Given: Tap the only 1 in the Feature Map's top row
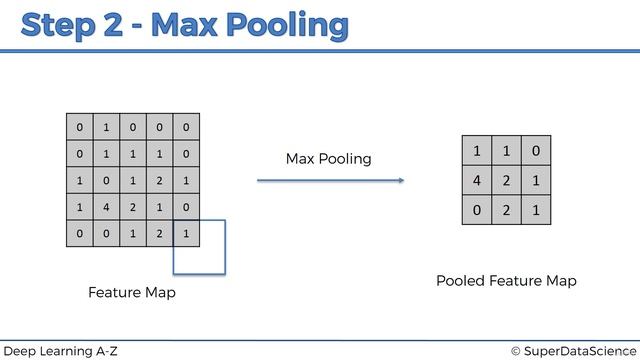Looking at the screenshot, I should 105,128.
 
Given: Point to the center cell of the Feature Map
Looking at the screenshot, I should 132,182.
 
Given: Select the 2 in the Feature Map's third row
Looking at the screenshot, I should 159,182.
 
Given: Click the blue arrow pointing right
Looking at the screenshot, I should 330,180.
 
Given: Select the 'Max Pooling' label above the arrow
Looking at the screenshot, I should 328,159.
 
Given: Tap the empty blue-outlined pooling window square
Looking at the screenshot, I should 206,253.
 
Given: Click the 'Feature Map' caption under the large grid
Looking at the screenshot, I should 131,293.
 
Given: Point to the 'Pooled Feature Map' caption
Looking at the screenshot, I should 506,281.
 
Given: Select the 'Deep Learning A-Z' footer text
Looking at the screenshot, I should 59,350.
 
